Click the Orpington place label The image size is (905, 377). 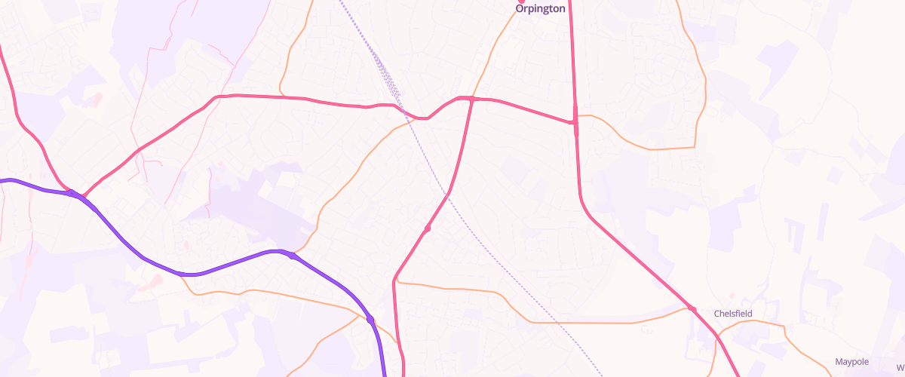(540, 9)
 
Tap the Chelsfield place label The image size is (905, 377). (733, 313)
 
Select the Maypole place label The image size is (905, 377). (852, 362)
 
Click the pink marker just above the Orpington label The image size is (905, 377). (520, 2)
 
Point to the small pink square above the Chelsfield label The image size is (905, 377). (730, 296)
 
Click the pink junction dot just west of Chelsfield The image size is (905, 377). (692, 308)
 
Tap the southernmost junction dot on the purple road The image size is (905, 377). (370, 320)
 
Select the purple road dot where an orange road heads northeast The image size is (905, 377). (293, 256)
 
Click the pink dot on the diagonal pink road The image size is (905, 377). (427, 228)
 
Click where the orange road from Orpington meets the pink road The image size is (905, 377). (472, 99)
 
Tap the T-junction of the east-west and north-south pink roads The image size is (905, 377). (575, 122)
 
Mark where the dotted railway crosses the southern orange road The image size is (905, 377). (554, 322)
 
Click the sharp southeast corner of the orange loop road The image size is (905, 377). (694, 146)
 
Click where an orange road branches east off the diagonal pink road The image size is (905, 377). (396, 282)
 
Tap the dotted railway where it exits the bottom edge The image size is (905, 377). (602, 375)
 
